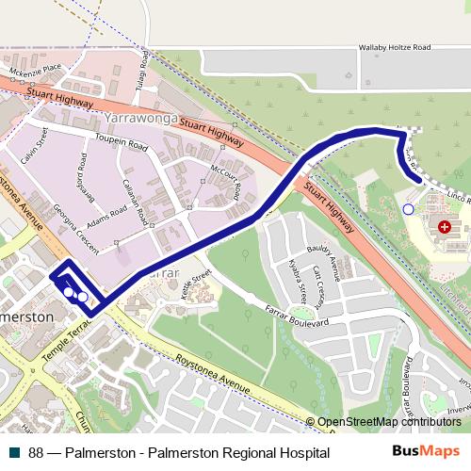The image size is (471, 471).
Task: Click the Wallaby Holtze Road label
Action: tap(395, 46)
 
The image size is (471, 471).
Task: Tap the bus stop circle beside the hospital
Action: tap(408, 209)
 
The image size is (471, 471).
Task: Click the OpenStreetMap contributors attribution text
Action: tap(389, 423)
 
